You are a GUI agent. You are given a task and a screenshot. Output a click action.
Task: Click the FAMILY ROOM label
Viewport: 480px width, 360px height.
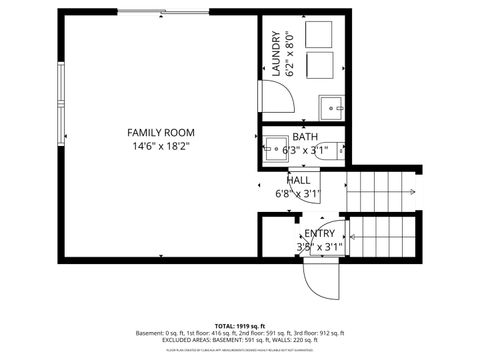(160, 132)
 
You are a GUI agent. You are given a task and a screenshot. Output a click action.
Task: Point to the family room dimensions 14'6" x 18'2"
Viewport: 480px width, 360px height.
(160, 146)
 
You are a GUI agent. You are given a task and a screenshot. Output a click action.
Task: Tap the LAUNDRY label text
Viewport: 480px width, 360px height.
(275, 54)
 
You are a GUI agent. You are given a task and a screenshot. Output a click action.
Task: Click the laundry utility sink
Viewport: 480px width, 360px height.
(331, 105)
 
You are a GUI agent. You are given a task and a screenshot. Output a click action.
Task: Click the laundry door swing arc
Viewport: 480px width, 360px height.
(278, 97)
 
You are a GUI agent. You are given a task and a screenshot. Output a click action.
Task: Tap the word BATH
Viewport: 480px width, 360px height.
(305, 136)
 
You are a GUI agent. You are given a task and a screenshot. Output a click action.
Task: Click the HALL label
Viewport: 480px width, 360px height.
(298, 180)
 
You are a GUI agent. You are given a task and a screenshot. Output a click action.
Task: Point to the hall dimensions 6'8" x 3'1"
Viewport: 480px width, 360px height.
(298, 193)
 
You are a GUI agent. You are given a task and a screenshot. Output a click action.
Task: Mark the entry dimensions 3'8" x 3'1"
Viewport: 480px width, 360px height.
(320, 245)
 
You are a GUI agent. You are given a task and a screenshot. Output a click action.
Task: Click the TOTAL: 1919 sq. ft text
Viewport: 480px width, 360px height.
(240, 327)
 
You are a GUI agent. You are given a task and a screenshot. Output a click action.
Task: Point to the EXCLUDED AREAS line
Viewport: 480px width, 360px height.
(240, 339)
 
